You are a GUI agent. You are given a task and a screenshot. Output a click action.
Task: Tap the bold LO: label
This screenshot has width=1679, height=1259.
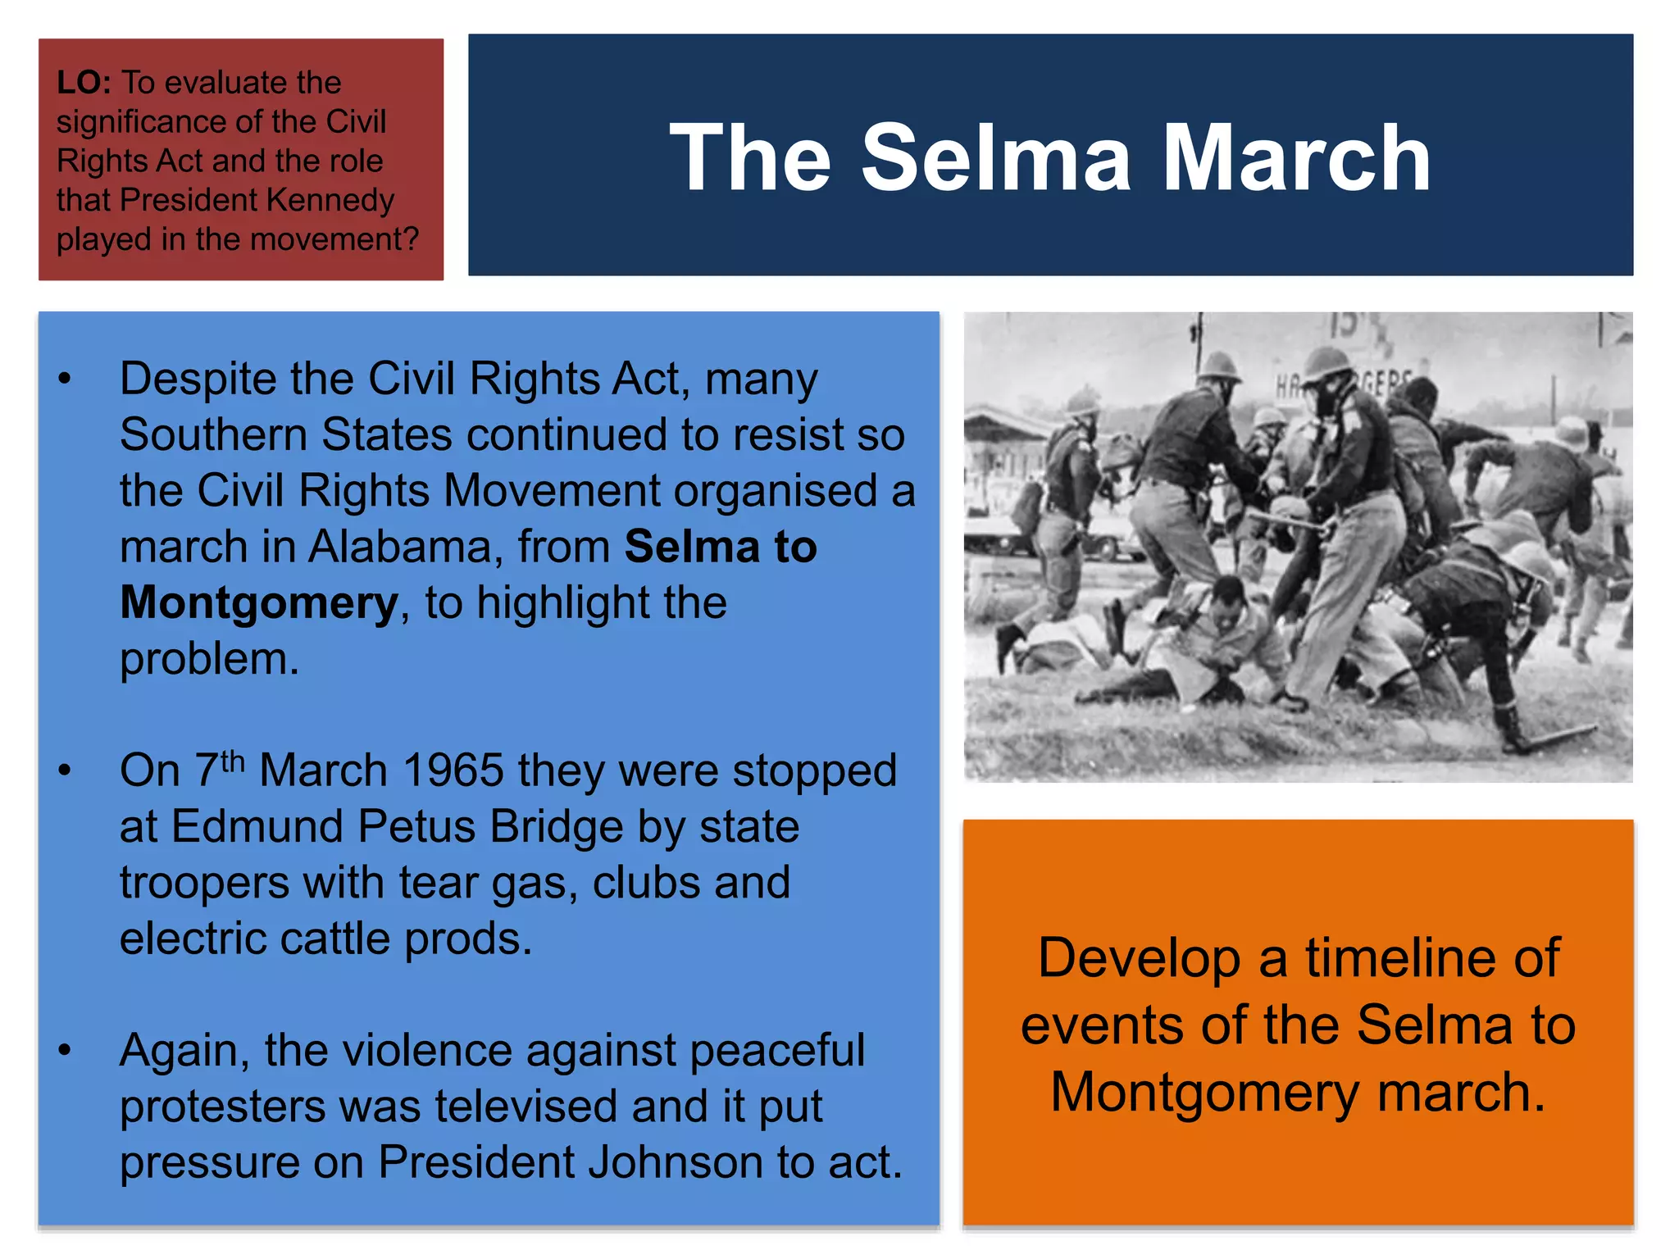(84, 83)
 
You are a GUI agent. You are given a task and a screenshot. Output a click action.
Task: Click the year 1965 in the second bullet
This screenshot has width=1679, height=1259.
(453, 771)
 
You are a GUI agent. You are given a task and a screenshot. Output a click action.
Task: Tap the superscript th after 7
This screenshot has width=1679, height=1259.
(233, 761)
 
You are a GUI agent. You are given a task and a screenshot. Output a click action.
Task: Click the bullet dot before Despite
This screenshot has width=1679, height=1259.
(65, 380)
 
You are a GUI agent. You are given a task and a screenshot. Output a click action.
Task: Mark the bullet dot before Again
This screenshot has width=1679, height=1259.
(65, 1050)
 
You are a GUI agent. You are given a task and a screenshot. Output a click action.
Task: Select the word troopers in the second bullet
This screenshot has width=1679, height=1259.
(204, 883)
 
